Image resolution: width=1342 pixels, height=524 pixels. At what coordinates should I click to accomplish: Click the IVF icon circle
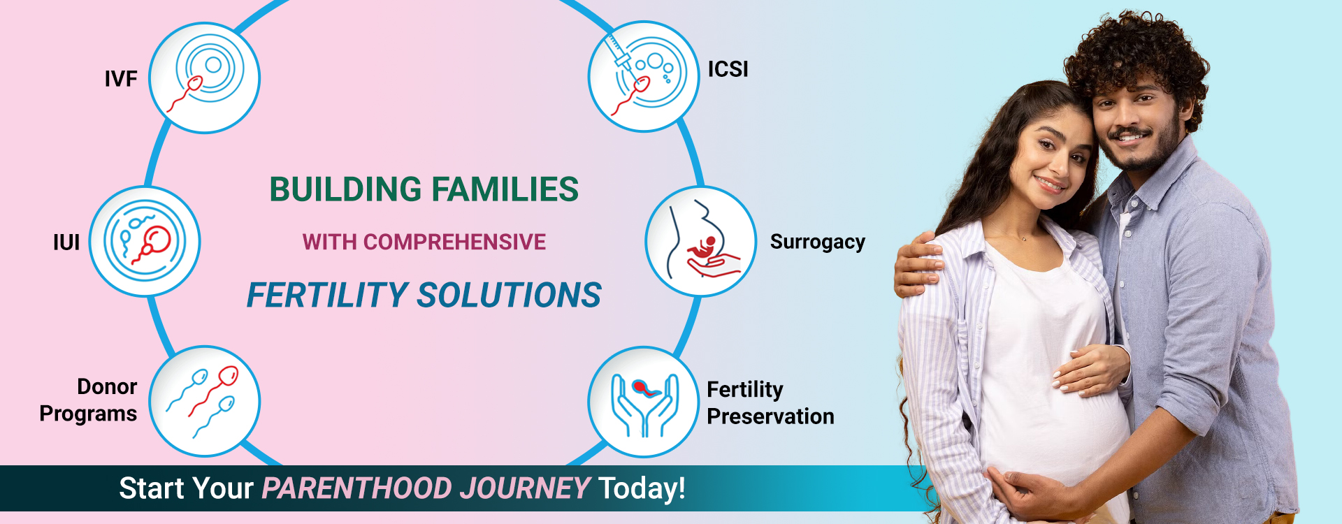[205, 78]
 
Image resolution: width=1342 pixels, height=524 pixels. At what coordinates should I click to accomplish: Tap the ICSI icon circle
[643, 76]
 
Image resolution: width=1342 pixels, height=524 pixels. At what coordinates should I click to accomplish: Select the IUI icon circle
[145, 241]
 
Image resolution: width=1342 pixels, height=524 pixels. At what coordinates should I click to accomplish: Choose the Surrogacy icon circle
[700, 241]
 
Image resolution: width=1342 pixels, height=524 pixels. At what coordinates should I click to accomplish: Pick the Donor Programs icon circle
[205, 401]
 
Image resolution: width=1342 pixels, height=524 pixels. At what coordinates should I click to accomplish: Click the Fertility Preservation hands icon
[644, 402]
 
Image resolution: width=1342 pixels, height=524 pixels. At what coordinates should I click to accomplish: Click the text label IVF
[121, 79]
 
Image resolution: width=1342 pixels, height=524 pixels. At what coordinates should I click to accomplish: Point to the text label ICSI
[728, 69]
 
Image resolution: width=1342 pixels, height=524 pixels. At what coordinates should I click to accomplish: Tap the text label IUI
[66, 242]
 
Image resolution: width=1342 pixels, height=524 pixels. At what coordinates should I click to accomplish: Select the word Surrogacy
[817, 242]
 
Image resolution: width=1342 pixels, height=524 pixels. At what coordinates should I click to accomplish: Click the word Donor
[107, 386]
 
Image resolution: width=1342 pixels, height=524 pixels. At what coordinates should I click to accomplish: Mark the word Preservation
[770, 416]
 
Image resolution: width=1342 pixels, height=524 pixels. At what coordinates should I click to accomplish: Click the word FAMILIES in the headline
[505, 189]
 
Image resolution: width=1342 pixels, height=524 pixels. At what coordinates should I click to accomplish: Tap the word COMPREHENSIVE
[454, 242]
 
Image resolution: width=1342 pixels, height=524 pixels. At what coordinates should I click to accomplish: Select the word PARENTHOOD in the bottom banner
[356, 488]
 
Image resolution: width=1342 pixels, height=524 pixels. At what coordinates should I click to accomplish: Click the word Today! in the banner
[642, 488]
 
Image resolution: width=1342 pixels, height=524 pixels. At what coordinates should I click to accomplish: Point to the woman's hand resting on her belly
[1090, 370]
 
